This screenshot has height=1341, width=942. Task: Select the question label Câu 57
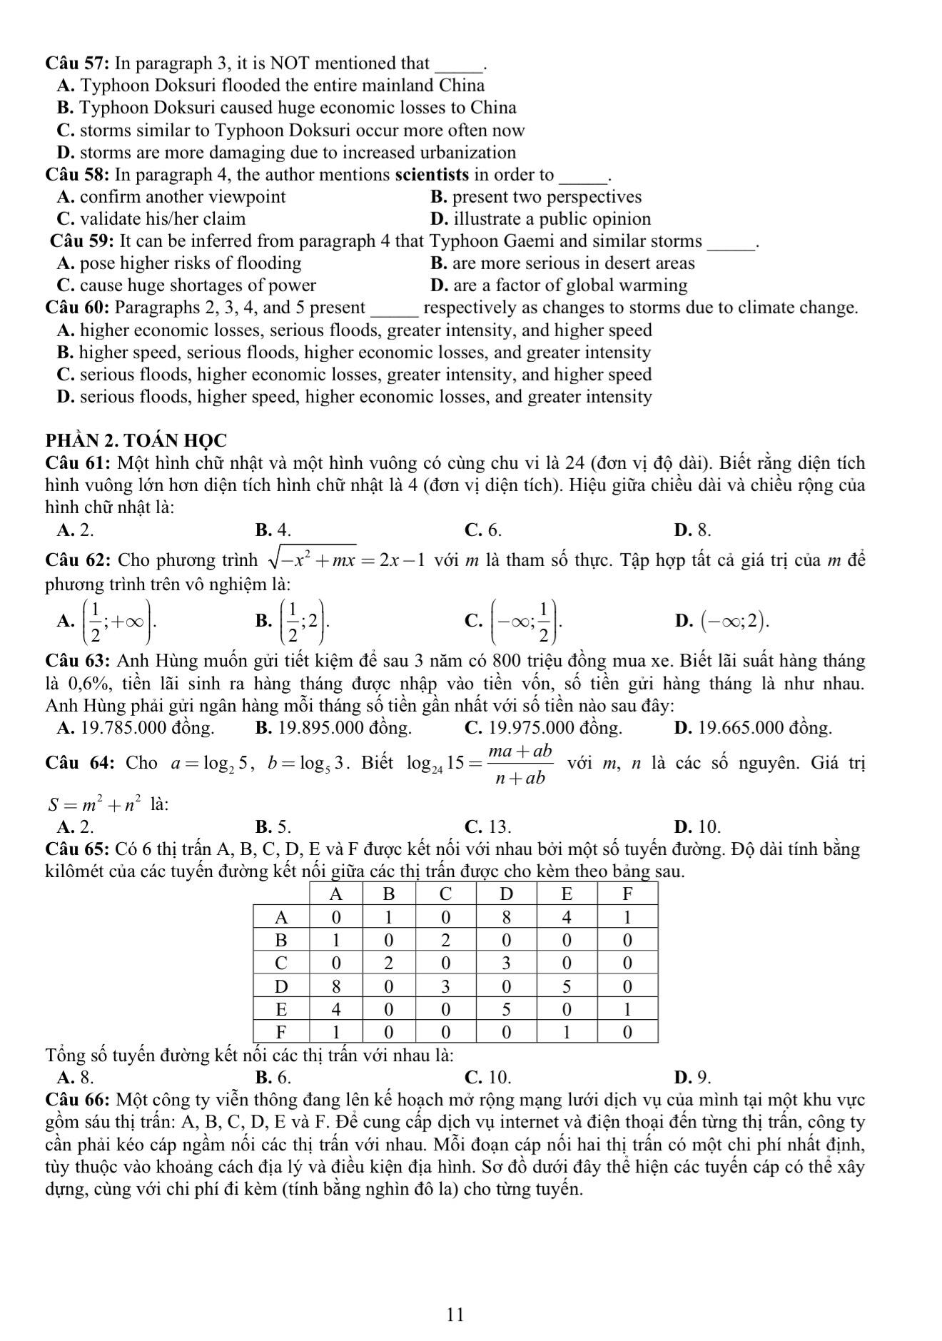[x=76, y=64]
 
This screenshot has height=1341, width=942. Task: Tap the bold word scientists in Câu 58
[x=432, y=175]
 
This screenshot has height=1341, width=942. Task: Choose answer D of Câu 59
[x=559, y=285]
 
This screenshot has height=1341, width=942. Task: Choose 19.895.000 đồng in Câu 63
[x=333, y=728]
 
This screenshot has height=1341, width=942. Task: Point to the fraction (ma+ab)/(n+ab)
[x=520, y=764]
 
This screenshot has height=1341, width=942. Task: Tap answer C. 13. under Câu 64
[x=487, y=827]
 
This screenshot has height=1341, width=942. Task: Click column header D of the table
[x=505, y=894]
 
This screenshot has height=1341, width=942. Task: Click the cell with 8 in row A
[x=505, y=917]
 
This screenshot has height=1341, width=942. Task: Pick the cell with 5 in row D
[x=567, y=986]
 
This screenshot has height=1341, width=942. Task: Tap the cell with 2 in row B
[x=445, y=940]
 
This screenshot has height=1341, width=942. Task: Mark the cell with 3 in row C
[x=505, y=963]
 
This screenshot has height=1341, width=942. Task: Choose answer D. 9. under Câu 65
[x=692, y=1077]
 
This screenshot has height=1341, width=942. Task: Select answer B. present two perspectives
[x=536, y=197]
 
